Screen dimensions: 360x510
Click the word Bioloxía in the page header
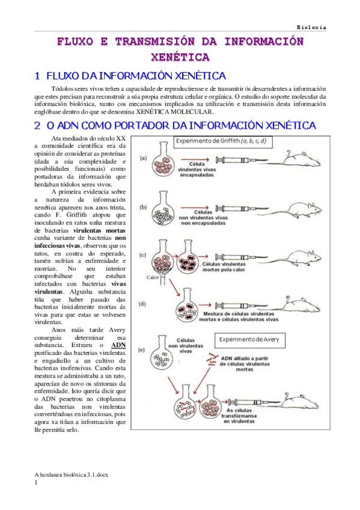(x=311, y=27)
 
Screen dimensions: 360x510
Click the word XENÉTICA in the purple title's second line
(x=180, y=57)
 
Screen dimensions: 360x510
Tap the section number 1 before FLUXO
(x=37, y=76)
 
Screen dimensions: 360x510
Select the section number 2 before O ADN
(x=37, y=126)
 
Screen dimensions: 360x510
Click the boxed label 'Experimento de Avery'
(x=249, y=340)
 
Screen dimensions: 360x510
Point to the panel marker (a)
(x=143, y=158)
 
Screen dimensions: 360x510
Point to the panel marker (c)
(x=143, y=255)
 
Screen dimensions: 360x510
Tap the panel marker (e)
(x=141, y=350)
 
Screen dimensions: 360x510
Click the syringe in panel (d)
(x=240, y=306)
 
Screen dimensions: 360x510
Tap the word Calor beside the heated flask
(x=153, y=277)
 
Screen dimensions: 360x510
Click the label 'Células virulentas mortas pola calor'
(x=224, y=266)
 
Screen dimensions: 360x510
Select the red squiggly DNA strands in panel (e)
(x=213, y=360)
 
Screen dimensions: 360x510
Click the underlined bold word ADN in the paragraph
(x=118, y=345)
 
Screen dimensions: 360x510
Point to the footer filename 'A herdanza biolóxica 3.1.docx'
(x=71, y=475)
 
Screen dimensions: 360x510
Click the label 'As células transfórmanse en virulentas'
(x=239, y=416)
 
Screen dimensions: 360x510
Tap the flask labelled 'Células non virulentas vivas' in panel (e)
(x=160, y=354)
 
